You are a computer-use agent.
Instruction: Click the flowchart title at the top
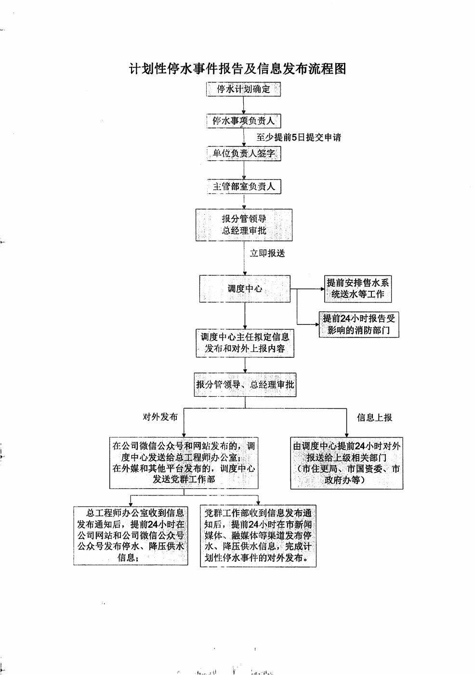(237, 69)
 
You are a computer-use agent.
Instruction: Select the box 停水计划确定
(243, 89)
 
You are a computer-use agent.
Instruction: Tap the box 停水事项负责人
(243, 121)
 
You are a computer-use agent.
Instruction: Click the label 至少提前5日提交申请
(299, 138)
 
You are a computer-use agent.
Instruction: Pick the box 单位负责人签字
(244, 154)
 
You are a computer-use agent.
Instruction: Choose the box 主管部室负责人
(244, 186)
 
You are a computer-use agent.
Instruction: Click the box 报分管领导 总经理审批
(244, 225)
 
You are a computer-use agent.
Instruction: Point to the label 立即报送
(267, 253)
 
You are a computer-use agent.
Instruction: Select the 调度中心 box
(245, 289)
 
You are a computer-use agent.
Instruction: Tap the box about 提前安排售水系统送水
(357, 288)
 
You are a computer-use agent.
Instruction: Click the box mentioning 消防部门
(359, 325)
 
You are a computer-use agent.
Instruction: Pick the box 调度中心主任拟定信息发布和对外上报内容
(245, 343)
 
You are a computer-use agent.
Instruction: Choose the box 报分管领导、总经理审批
(245, 385)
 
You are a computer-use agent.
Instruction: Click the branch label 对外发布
(160, 417)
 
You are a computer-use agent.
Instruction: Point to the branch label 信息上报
(374, 417)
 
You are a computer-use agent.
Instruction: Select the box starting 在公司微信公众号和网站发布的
(184, 463)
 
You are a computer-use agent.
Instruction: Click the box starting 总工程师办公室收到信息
(131, 535)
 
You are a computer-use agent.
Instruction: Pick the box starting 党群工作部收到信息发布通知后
(258, 535)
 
